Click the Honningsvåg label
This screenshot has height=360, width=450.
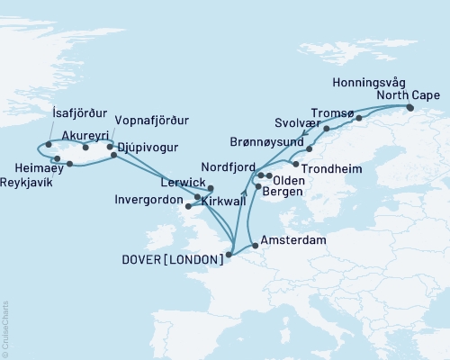click(368, 82)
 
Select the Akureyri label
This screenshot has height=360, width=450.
click(81, 129)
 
